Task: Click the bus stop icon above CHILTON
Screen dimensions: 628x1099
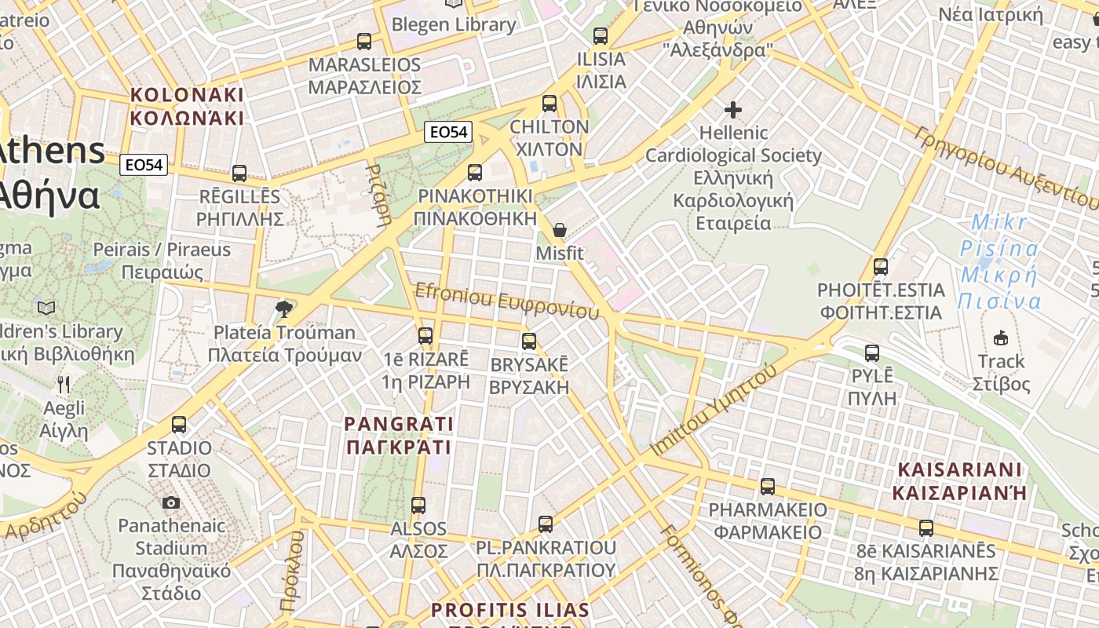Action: [549, 103]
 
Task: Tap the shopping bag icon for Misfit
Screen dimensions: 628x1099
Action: [560, 230]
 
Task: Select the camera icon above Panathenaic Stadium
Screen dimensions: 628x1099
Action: [171, 502]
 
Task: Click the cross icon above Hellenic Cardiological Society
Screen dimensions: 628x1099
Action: [733, 109]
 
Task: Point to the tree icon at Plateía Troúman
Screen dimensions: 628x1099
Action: [284, 309]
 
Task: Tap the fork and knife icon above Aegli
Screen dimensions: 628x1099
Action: [64, 385]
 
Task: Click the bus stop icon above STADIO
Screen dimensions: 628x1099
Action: [179, 425]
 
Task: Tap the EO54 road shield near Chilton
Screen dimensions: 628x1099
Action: [448, 132]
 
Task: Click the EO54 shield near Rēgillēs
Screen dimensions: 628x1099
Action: [144, 165]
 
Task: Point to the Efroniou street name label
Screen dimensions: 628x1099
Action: [508, 301]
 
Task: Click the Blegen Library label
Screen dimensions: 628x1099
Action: [454, 24]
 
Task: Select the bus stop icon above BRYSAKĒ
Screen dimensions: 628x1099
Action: [529, 341]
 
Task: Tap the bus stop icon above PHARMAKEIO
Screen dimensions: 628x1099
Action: [768, 487]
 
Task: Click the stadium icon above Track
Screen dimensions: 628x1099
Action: [1000, 338]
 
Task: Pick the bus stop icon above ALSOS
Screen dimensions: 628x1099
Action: [418, 506]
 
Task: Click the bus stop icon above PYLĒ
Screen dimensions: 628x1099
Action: [872, 353]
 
